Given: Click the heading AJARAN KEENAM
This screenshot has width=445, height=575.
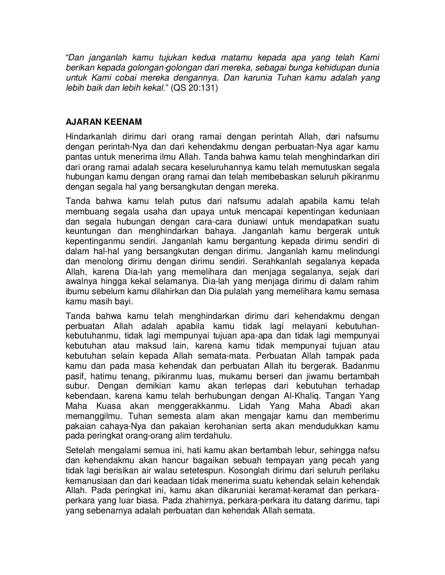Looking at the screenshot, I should click(104, 122).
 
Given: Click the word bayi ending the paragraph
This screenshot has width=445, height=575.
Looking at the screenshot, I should click(125, 301).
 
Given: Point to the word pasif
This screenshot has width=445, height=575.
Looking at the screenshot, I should click(74, 376).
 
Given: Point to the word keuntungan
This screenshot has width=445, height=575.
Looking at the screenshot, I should click(88, 231).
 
